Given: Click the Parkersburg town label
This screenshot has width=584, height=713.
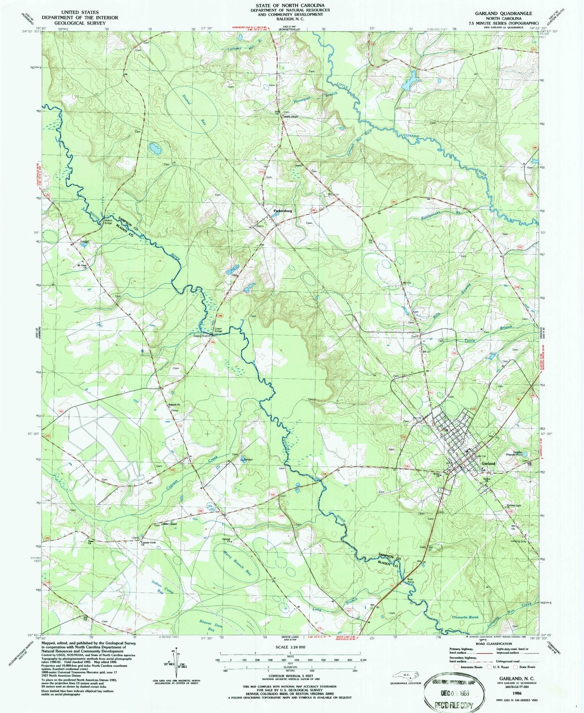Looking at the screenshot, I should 283,211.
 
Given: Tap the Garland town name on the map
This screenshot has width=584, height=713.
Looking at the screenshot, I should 488,463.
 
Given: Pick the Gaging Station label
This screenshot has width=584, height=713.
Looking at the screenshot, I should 202,336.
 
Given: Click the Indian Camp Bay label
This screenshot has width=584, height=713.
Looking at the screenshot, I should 162,587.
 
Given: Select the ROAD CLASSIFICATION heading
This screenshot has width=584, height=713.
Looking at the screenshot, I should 493,643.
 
